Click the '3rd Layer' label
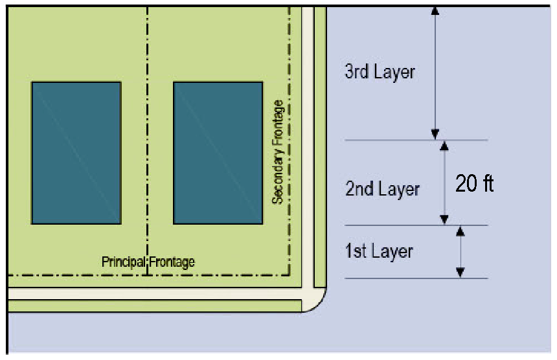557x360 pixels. point(380,72)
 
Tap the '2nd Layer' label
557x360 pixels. point(381,189)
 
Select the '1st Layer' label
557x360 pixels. point(379,251)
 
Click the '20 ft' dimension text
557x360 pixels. point(474,184)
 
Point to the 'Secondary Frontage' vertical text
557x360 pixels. point(278,152)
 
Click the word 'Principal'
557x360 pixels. point(124,262)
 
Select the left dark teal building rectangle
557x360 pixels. point(76,153)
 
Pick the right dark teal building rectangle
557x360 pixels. point(218,153)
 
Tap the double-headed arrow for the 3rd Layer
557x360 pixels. point(435,73)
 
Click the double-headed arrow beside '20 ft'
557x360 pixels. point(444,183)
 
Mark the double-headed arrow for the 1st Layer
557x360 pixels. point(460,252)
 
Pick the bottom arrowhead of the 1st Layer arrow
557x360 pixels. point(460,273)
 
